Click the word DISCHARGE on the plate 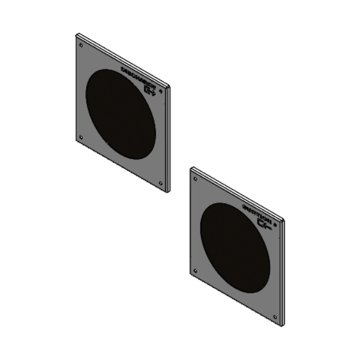pyautogui.click(x=137, y=76)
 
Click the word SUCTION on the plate pyautogui.click(x=255, y=212)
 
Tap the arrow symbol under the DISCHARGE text pyautogui.click(x=150, y=90)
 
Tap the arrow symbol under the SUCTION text pyautogui.click(x=264, y=224)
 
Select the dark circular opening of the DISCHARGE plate pyautogui.click(x=121, y=113)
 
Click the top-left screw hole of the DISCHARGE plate pyautogui.click(x=80, y=43)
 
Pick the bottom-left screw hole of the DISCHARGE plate pyautogui.click(x=82, y=136)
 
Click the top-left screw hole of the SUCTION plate pyautogui.click(x=194, y=178)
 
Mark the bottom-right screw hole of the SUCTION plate pyautogui.click(x=274, y=317)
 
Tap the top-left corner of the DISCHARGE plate pyautogui.click(x=77, y=35)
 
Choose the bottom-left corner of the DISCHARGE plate pyautogui.click(x=76, y=142)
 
